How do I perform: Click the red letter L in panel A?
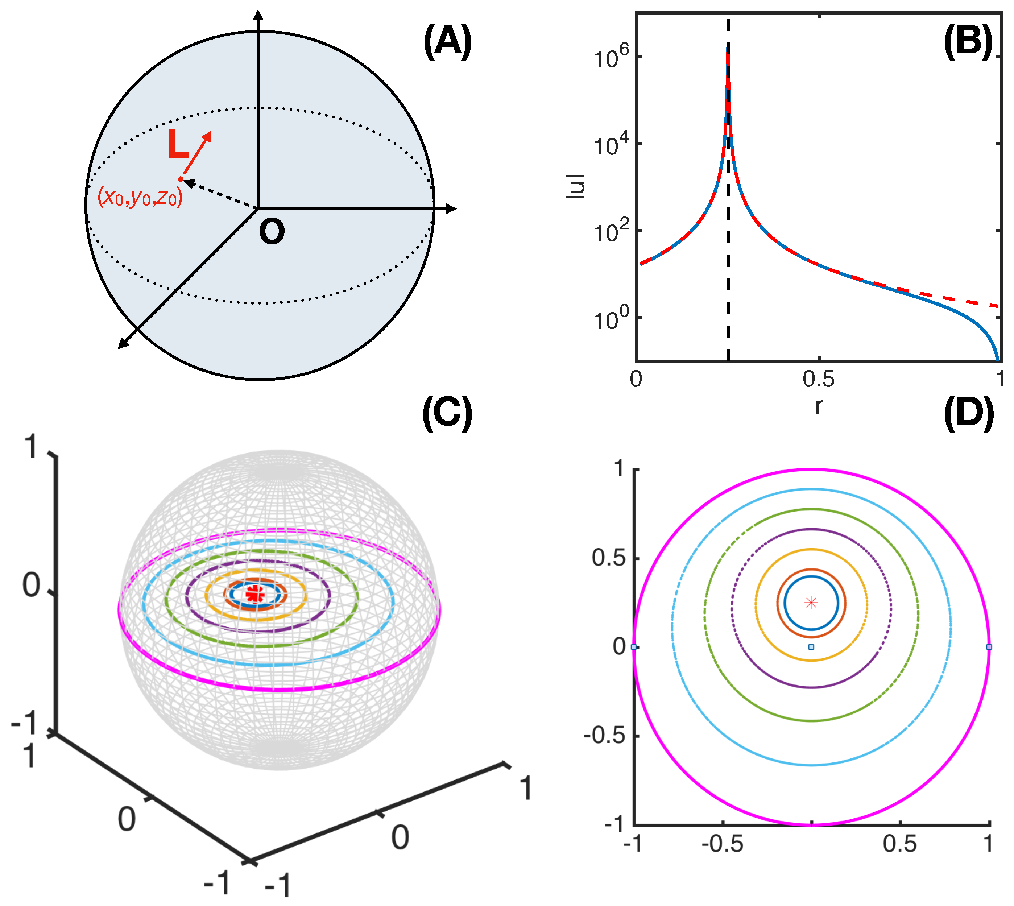177,145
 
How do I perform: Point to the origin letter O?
272,232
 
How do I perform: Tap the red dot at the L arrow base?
181,179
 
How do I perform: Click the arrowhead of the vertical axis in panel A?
258,15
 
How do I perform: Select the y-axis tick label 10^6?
611,56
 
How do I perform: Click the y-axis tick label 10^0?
611,319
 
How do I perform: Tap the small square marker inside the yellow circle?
811,647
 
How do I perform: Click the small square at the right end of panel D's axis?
989,647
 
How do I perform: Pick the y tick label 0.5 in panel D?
608,558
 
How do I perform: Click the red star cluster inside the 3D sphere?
255,593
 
